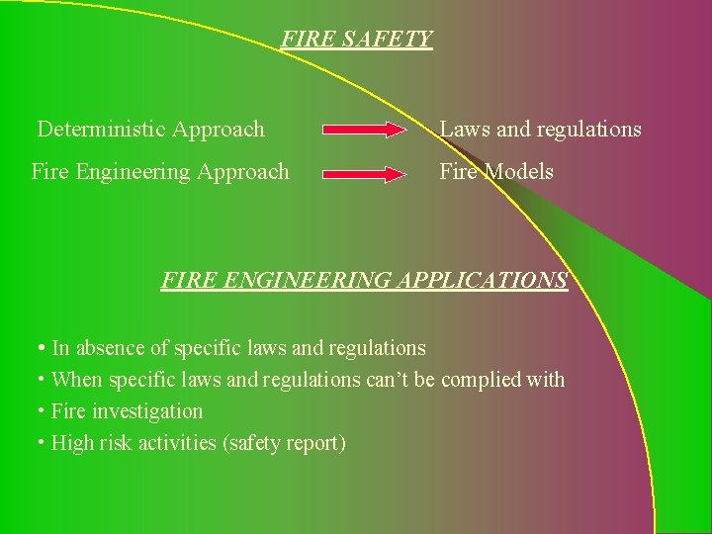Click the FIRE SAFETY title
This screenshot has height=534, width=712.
[x=357, y=40]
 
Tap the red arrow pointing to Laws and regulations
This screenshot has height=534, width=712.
[x=364, y=130]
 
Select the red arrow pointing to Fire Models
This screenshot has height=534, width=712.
[x=364, y=173]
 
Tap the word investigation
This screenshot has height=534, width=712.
[x=155, y=411]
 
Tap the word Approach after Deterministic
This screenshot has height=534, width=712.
[x=219, y=130]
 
